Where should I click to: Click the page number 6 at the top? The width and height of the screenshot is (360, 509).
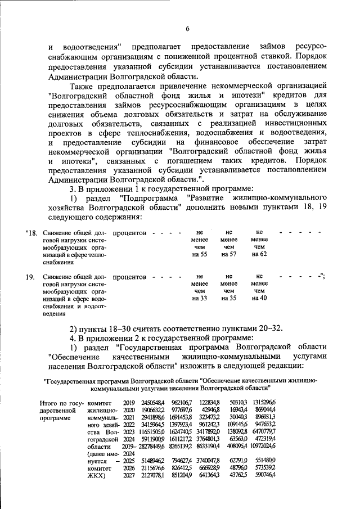click(x=188, y=29)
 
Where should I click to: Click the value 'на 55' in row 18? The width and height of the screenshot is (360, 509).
click(x=200, y=255)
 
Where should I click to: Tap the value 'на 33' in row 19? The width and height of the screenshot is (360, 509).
click(x=200, y=298)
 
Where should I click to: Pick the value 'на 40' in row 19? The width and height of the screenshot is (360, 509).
click(x=259, y=298)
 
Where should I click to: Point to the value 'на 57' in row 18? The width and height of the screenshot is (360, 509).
click(x=229, y=255)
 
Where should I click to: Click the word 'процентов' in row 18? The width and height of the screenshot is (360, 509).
click(x=129, y=232)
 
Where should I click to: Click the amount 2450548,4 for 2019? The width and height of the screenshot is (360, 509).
click(x=153, y=403)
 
